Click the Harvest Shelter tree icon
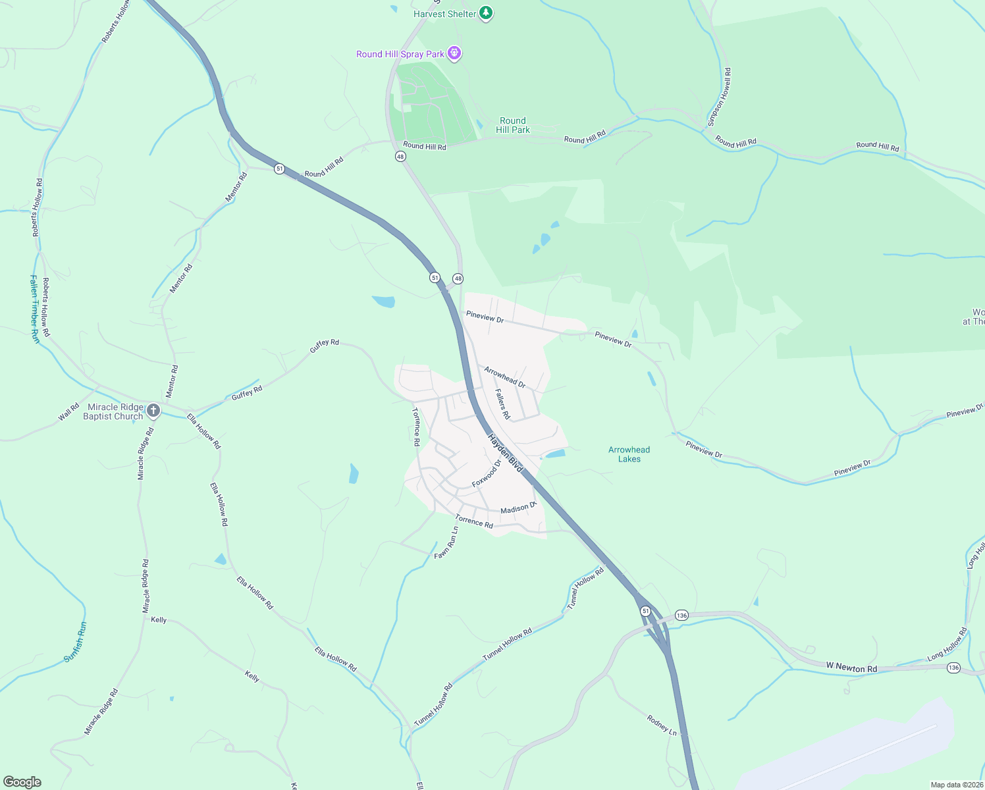[x=486, y=13]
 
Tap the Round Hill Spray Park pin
[x=454, y=53]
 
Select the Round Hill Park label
[x=513, y=125]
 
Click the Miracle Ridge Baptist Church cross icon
[x=153, y=411]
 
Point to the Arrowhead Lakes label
[x=629, y=454]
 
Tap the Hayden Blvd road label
[x=506, y=452]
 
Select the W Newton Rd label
[x=851, y=668]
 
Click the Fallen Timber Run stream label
[x=35, y=309]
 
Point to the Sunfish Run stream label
[x=75, y=642]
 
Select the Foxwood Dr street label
[x=487, y=474]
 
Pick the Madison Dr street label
[x=518, y=509]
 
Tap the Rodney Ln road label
[x=662, y=725]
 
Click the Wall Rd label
[x=68, y=412]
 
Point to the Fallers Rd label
[x=502, y=404]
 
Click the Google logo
[x=22, y=782]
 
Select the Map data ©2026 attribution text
[x=956, y=785]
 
